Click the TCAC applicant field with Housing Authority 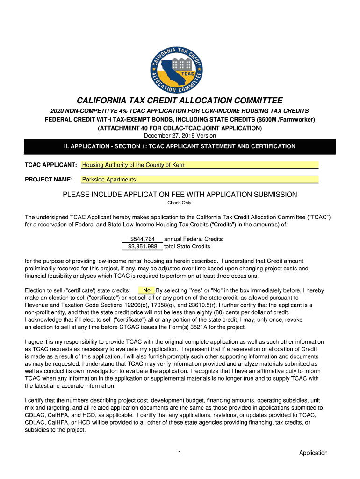pyautogui.click(x=200, y=165)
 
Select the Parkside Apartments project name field pyautogui.click(x=200, y=180)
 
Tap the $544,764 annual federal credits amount pyautogui.click(x=143, y=239)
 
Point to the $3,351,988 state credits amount pyautogui.click(x=143, y=247)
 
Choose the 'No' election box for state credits pyautogui.click(x=146, y=290)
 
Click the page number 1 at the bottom pyautogui.click(x=180, y=453)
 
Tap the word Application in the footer pyautogui.click(x=313, y=453)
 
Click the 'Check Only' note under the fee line pyautogui.click(x=180, y=203)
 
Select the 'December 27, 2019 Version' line pyautogui.click(x=180, y=136)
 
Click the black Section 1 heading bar pyautogui.click(x=180, y=146)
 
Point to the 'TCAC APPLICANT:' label pyautogui.click(x=50, y=165)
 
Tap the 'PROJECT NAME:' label pyautogui.click(x=49, y=180)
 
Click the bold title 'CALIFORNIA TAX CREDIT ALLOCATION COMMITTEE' pyautogui.click(x=180, y=101)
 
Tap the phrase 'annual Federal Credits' pyautogui.click(x=193, y=239)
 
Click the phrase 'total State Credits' pyautogui.click(x=187, y=247)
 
